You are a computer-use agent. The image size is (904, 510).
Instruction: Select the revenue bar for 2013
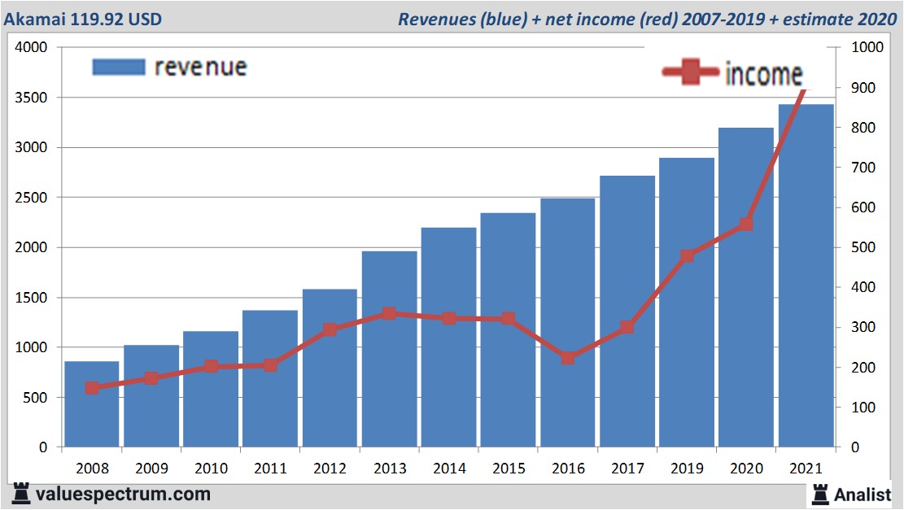pos(389,350)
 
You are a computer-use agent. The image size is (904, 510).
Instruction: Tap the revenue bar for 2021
pos(806,277)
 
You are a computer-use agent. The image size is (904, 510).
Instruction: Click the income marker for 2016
pos(568,358)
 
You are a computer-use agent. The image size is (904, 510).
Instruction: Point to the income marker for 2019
pos(687,256)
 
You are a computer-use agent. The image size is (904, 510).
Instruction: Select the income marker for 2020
pos(746,224)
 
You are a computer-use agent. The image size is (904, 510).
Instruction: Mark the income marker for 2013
pos(389,313)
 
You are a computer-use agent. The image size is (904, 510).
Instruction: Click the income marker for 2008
pos(92,388)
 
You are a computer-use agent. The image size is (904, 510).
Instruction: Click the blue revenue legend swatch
pos(119,67)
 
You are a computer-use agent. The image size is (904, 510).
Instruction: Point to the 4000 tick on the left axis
pos(32,48)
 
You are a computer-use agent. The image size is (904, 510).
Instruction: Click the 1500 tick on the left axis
pos(32,298)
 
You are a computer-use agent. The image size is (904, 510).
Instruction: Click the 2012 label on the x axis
pos(330,469)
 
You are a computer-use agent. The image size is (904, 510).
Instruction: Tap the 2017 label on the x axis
pos(627,469)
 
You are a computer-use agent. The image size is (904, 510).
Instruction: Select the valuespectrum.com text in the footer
pos(123,494)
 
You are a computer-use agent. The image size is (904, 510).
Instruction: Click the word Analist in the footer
pos(863,494)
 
